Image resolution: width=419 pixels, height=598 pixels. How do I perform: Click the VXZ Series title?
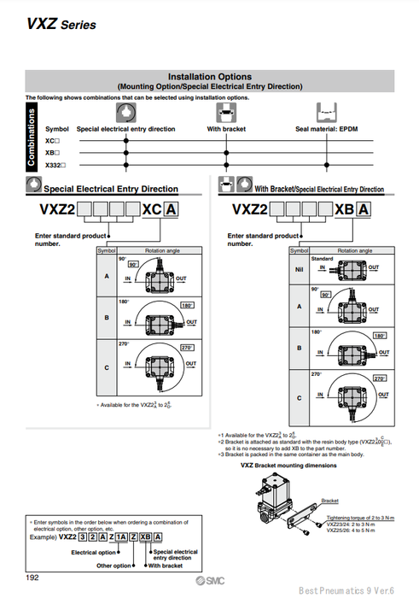click(x=61, y=25)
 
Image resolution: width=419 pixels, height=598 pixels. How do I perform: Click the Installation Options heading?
click(x=209, y=76)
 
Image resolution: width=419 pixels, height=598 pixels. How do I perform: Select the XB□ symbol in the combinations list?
click(x=52, y=151)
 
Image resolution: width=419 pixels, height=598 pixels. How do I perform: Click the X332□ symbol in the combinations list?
click(x=55, y=163)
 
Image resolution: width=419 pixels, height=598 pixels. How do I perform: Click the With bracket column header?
click(x=227, y=129)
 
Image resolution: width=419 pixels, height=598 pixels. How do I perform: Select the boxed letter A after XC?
click(x=172, y=209)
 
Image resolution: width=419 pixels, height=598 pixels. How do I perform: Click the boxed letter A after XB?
click(x=364, y=209)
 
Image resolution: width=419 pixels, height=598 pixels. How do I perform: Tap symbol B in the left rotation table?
click(x=107, y=318)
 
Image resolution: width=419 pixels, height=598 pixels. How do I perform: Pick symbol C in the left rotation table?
click(x=107, y=367)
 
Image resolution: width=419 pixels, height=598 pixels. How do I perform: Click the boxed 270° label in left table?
click(x=187, y=349)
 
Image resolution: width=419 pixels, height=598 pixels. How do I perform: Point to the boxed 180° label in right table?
click(x=381, y=337)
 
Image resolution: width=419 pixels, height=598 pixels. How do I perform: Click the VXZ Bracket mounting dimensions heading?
click(x=288, y=465)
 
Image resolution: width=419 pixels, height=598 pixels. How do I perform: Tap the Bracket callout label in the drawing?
click(x=329, y=501)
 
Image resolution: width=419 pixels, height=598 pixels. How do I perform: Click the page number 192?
click(x=32, y=578)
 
